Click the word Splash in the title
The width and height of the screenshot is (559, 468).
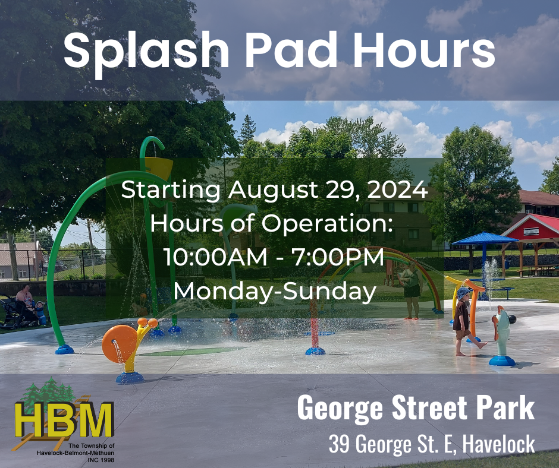[x=146, y=52]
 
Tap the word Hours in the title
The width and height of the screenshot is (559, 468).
[x=423, y=50]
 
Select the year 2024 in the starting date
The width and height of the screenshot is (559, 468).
[x=397, y=189]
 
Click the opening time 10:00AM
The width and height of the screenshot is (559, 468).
[x=215, y=257]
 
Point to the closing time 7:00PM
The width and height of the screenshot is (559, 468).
[x=338, y=257]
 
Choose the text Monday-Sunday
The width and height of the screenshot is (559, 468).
[x=275, y=292]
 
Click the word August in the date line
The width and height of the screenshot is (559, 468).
[x=273, y=190]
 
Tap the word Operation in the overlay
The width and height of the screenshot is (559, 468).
[x=327, y=224]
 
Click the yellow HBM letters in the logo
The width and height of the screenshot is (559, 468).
[x=64, y=419]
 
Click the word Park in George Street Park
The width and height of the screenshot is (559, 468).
[x=505, y=408]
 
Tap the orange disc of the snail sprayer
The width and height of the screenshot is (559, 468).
[x=119, y=344]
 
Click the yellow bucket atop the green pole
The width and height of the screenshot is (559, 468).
[x=159, y=167]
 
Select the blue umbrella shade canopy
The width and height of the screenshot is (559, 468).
[x=485, y=238]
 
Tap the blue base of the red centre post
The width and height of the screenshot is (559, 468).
[x=315, y=351]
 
